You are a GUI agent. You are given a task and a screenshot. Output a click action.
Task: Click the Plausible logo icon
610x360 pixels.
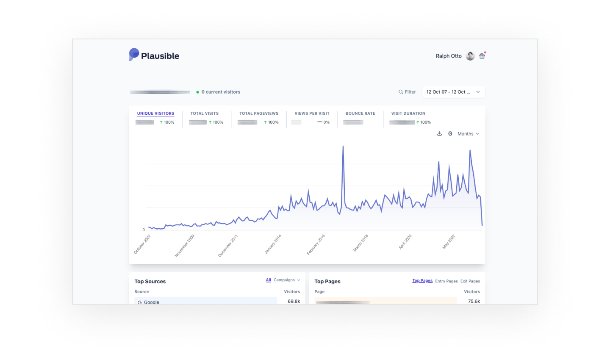(134, 55)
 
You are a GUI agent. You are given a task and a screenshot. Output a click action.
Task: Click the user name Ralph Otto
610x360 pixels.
(449, 56)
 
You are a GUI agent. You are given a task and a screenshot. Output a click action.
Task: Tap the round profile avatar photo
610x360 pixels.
(470, 56)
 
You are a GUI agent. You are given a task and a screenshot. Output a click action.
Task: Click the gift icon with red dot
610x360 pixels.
(482, 56)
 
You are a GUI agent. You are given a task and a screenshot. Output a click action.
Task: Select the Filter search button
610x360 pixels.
(407, 92)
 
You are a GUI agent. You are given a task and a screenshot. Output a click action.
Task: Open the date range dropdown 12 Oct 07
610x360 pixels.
(453, 92)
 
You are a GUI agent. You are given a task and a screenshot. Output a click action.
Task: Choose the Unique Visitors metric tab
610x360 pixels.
(155, 114)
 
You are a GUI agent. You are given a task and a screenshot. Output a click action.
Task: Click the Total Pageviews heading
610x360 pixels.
(259, 114)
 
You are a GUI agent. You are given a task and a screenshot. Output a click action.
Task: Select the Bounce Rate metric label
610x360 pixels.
(360, 114)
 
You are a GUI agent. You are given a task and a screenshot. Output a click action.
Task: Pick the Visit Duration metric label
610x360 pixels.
(408, 114)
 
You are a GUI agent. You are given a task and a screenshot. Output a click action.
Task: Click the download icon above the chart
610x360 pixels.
(439, 134)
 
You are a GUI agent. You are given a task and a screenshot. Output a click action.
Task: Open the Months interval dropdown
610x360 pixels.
(468, 134)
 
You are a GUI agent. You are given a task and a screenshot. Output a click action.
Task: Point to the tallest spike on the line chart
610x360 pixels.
(343, 147)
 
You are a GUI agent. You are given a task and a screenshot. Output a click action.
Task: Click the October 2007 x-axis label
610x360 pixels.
(143, 244)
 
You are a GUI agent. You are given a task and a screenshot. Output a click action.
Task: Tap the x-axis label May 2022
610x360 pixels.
(449, 241)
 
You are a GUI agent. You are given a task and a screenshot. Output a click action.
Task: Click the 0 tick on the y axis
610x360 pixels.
(144, 230)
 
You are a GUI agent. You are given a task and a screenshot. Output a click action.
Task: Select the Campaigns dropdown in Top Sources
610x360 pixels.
(287, 280)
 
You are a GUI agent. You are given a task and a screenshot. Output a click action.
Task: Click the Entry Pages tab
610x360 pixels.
(446, 281)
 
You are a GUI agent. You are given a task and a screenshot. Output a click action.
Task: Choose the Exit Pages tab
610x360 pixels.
(470, 281)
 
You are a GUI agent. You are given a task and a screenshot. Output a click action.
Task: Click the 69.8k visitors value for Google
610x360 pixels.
(294, 301)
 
